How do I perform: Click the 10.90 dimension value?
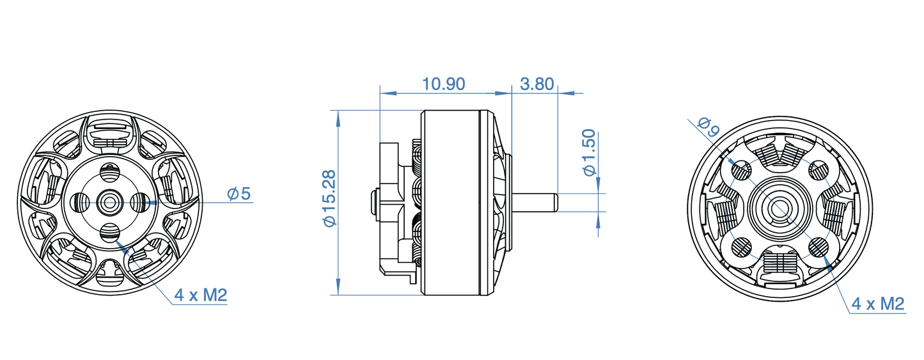point(443,84)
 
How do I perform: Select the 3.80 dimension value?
point(537,84)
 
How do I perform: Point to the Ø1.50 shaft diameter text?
point(589,153)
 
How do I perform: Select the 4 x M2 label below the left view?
point(201,295)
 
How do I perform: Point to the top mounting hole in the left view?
point(110,171)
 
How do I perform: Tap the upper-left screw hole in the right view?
point(741,170)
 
